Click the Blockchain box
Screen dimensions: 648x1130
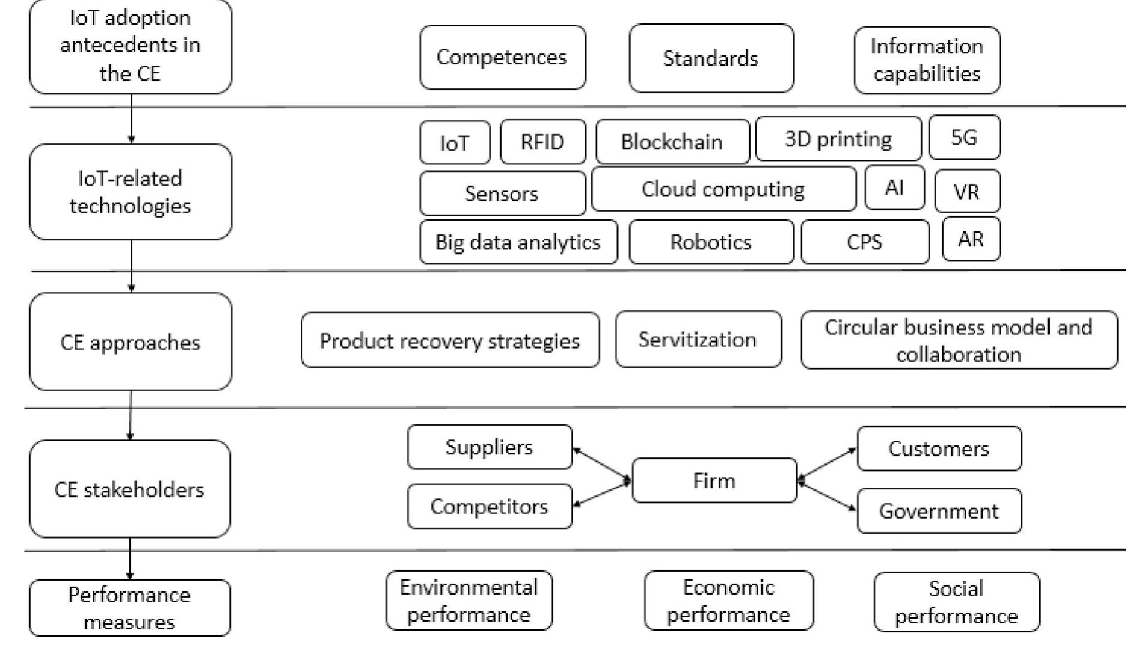click(672, 142)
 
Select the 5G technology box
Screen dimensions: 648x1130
click(964, 138)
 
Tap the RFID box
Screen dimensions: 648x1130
click(542, 142)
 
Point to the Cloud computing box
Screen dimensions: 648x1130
click(723, 189)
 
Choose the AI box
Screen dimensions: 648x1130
click(894, 188)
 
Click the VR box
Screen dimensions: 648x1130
click(967, 192)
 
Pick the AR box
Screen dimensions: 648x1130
click(971, 239)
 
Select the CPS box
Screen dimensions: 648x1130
click(864, 242)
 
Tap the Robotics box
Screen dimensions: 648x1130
click(711, 242)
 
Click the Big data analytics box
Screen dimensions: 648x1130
click(518, 242)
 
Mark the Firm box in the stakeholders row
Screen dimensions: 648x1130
click(714, 480)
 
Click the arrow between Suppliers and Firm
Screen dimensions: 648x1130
click(601, 464)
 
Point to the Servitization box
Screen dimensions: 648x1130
click(698, 340)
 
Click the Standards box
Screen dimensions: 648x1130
click(711, 58)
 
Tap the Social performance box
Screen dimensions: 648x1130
click(956, 602)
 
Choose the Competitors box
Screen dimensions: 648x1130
click(489, 506)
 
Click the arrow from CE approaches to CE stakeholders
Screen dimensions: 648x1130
click(131, 415)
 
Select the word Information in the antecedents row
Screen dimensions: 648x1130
click(927, 46)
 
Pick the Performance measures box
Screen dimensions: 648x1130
click(129, 608)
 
